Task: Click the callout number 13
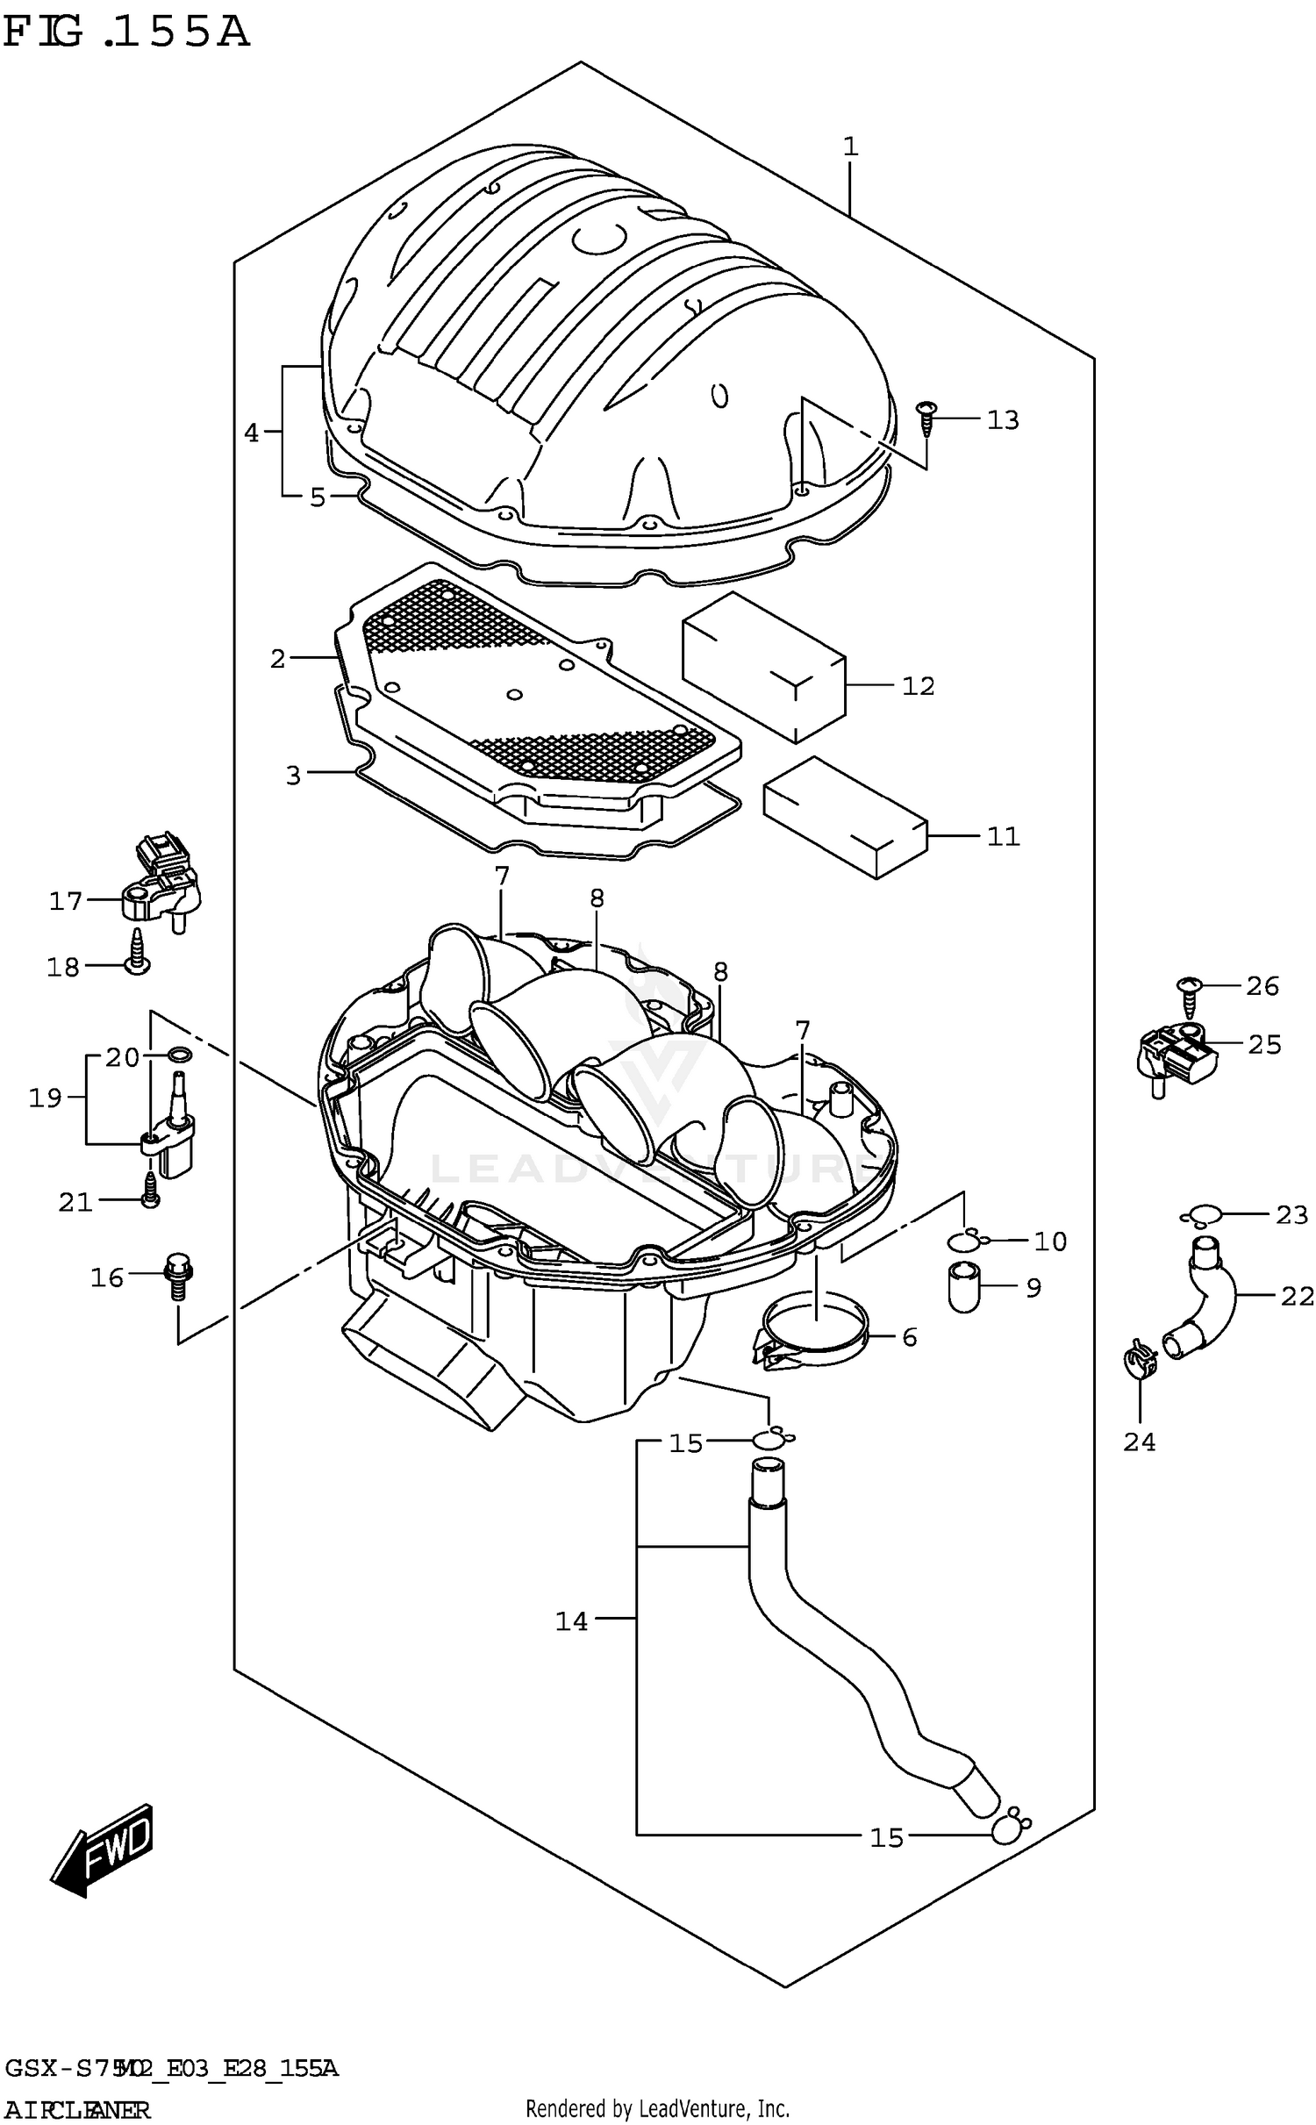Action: tap(1003, 420)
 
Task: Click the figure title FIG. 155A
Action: tap(126, 33)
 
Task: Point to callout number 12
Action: tap(918, 686)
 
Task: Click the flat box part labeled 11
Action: tap(845, 817)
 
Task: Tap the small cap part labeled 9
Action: tap(964, 1286)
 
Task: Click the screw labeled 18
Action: tap(138, 954)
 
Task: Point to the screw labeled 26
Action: tap(1189, 995)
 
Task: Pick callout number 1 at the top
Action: tap(849, 147)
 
